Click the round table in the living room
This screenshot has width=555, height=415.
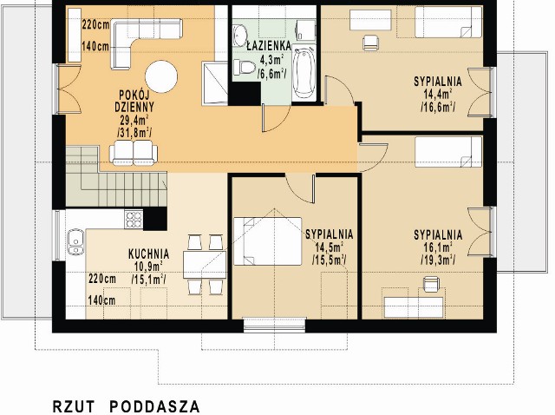click(161, 76)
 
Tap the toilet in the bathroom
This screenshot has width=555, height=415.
click(244, 67)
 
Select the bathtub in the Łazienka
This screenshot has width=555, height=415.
click(304, 73)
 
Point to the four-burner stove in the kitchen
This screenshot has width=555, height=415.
click(134, 220)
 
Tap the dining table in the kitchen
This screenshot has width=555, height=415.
click(205, 265)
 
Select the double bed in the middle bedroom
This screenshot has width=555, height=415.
click(268, 241)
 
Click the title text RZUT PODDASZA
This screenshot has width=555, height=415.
click(127, 406)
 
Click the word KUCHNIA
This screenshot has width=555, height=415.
click(148, 254)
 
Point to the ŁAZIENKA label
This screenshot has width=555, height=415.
click(269, 46)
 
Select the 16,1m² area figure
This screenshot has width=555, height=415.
click(438, 247)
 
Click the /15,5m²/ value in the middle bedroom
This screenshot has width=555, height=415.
click(330, 260)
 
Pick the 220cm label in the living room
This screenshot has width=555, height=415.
click(95, 25)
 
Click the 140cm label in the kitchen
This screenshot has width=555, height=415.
click(102, 300)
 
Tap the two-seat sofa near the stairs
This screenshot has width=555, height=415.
click(134, 153)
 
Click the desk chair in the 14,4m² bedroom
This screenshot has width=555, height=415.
click(370, 42)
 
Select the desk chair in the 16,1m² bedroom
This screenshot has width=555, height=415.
click(431, 284)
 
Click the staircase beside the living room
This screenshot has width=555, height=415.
click(116, 176)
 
